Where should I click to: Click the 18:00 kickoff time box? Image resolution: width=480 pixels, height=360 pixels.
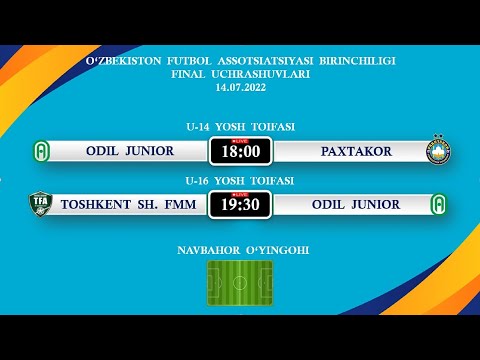pos(240,152)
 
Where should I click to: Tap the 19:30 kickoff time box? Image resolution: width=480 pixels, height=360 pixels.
pos(240,206)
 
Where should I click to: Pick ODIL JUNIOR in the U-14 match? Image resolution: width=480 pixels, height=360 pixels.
pos(131,151)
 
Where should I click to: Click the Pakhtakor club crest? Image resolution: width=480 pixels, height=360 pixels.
pos(439,151)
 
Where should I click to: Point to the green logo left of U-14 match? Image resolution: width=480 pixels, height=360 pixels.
pos(41,151)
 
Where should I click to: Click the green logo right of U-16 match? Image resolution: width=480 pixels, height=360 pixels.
pos(439,205)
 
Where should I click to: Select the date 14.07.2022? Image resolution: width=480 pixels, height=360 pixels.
pos(240,88)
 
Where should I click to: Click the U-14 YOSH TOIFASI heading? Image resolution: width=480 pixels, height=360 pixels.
pos(240,127)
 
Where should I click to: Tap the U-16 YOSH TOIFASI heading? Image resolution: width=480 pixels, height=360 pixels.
pos(240,181)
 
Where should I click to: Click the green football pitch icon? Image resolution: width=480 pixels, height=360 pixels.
pos(240,283)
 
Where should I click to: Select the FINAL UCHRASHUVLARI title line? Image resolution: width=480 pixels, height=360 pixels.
pos(240,74)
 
